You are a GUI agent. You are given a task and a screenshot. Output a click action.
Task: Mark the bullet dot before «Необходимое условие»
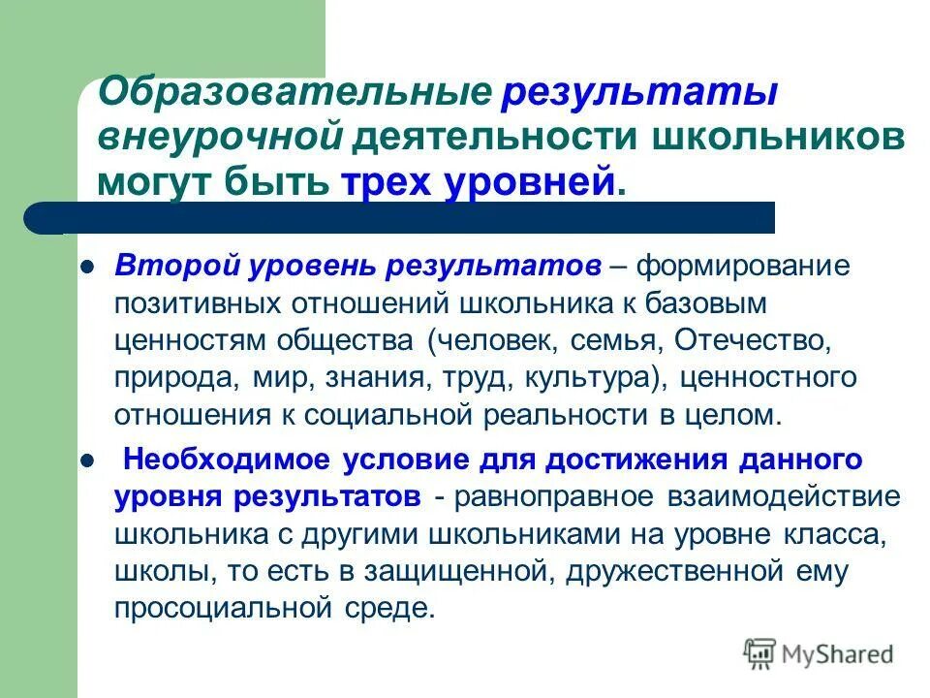point(85,460)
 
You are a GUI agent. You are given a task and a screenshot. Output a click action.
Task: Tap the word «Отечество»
point(752,340)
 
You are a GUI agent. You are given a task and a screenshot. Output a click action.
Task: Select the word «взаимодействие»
point(785,496)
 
